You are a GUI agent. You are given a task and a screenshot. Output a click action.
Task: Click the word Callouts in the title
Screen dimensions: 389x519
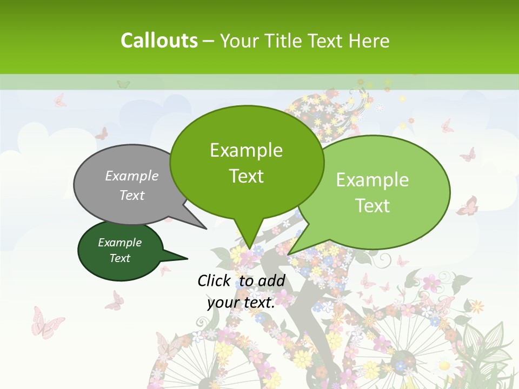(159, 41)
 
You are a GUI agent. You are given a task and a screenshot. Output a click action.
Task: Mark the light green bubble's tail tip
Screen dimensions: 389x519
(289, 254)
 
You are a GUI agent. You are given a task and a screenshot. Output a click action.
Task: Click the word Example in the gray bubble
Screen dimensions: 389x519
(132, 176)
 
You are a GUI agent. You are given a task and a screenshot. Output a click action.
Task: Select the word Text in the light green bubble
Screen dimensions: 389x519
(372, 206)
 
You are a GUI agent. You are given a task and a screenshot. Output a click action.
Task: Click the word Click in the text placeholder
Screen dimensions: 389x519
(214, 280)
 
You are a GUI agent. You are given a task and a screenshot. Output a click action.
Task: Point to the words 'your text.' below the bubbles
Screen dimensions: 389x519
(241, 303)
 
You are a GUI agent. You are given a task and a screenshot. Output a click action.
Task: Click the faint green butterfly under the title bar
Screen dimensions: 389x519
(123, 84)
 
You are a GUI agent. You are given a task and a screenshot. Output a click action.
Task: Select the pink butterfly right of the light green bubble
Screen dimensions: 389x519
(468, 206)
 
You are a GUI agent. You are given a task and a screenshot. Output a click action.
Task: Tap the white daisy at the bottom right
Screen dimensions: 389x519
(444, 366)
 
